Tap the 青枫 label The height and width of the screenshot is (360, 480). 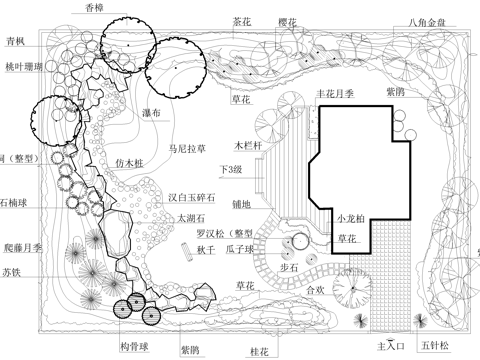pos(14,42)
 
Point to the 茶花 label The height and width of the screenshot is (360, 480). pos(241,20)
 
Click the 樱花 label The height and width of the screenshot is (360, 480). pos(288,20)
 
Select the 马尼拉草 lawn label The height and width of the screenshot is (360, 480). pos(187,148)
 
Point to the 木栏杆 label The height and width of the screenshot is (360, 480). pos(246,145)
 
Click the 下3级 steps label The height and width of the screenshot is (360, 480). pos(233,170)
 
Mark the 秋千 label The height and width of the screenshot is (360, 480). pos(205,250)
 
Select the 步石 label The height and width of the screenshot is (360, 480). pos(289,269)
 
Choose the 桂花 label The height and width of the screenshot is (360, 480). pos(259,351)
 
